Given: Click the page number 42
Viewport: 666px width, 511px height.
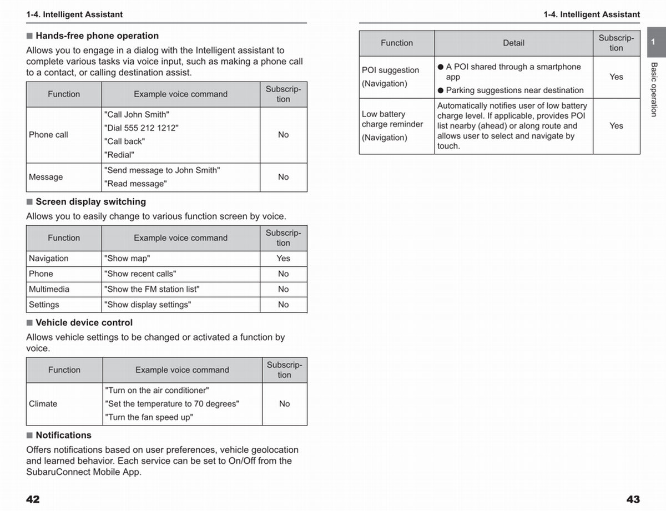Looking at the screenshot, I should tap(33, 499).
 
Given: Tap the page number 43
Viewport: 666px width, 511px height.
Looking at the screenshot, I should tap(633, 499).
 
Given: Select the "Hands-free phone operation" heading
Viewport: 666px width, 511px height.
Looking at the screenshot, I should tap(97, 36).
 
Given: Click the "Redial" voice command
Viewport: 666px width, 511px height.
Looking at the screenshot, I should tap(119, 155).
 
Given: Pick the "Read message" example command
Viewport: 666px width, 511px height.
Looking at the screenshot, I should tap(135, 184).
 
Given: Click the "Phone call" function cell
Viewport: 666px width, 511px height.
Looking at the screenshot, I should tap(48, 135).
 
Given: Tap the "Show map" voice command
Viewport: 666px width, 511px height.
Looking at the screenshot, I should tap(127, 259).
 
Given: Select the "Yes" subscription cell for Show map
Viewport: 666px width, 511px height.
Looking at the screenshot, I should tap(283, 259).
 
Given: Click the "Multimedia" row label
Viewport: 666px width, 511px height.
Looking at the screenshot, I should tap(49, 289).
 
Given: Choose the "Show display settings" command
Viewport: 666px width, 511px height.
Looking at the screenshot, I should tap(148, 305).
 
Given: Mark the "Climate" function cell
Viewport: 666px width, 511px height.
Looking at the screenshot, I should tap(43, 404).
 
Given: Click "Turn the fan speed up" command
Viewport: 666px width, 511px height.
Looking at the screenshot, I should tap(149, 417).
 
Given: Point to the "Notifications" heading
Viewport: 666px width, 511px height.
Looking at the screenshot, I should tap(63, 435).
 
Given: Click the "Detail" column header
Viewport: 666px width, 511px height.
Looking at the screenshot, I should tap(513, 43).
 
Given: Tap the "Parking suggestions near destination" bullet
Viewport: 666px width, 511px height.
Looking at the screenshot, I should tap(514, 90).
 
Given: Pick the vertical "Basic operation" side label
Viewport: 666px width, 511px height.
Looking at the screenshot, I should tap(654, 89).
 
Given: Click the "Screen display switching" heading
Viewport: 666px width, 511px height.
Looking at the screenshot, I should tap(90, 201).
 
